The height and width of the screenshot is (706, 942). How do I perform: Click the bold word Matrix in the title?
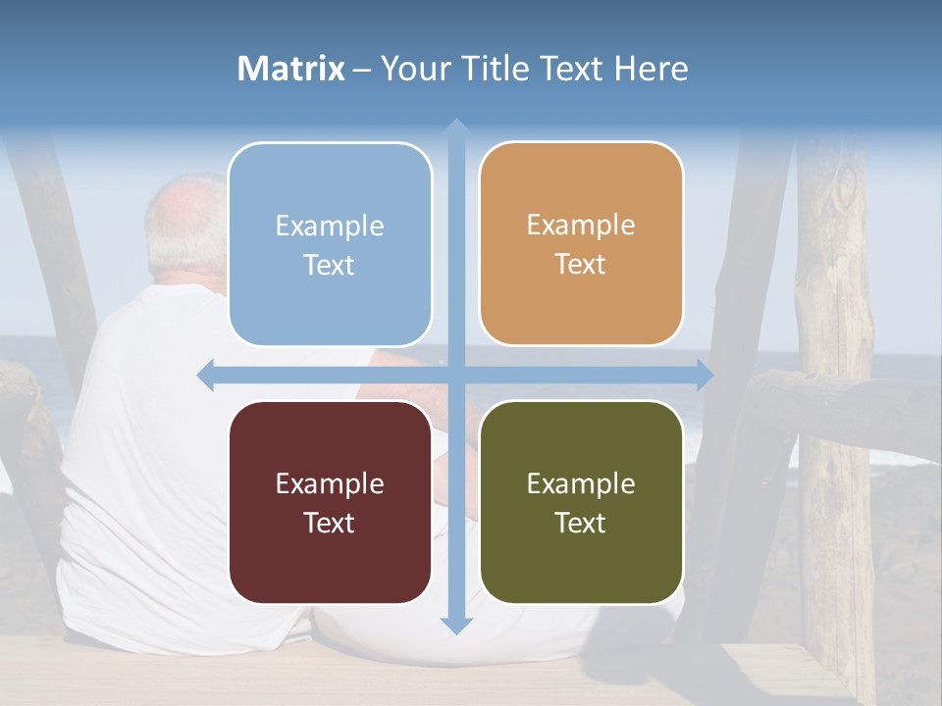(x=291, y=69)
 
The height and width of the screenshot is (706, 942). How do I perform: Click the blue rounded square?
(x=330, y=244)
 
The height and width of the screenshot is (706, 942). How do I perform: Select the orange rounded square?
(x=581, y=243)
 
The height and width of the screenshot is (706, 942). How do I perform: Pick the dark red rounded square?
(x=330, y=502)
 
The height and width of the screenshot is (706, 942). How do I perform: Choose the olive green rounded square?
(x=581, y=502)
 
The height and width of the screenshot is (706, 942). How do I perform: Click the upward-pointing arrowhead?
(x=455, y=126)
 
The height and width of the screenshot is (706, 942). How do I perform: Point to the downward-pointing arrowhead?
(x=455, y=625)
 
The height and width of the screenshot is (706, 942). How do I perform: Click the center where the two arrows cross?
(x=455, y=375)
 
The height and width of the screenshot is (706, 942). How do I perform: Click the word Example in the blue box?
(x=330, y=227)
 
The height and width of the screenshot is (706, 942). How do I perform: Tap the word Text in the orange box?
(x=581, y=265)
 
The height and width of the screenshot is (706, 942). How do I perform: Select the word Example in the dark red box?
(x=330, y=483)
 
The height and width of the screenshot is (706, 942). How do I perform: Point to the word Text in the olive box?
(x=581, y=523)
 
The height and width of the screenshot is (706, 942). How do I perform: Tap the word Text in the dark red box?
(x=330, y=523)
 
